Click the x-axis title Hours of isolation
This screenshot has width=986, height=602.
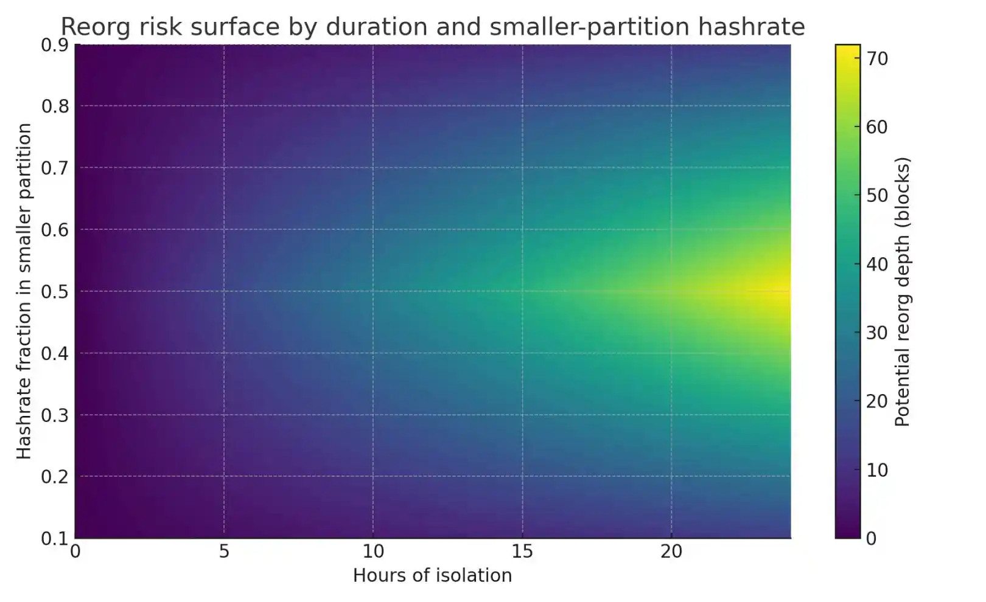432,575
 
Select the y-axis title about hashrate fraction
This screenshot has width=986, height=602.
24,291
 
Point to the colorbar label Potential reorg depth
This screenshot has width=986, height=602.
903,292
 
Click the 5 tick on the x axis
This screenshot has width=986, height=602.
224,552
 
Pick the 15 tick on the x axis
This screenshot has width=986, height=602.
522,552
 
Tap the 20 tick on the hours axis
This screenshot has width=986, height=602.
671,552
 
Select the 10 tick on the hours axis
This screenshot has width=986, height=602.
373,552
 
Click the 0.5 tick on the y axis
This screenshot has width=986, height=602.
54,292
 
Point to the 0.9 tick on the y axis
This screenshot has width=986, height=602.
54,46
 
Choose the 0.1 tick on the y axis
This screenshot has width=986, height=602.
54,539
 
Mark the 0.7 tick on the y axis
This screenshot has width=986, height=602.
54,168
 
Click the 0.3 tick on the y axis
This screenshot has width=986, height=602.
54,415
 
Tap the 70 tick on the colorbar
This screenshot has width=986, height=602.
877,59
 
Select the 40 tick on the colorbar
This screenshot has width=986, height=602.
877,265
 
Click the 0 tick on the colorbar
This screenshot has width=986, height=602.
872,539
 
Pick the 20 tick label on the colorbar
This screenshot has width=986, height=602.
877,401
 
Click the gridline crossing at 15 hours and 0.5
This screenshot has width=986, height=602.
522,291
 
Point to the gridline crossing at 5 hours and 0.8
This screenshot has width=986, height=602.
224,106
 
